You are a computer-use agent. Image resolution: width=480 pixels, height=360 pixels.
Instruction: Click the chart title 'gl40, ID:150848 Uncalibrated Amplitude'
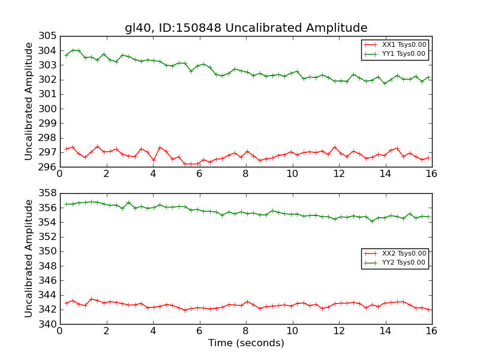tap(246, 28)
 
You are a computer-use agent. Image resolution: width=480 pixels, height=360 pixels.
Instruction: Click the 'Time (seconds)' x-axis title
tap(246, 343)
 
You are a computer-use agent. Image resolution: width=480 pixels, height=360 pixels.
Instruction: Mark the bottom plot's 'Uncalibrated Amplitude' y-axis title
tap(29, 258)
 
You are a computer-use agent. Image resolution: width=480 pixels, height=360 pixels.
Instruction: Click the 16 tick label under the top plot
tap(431, 174)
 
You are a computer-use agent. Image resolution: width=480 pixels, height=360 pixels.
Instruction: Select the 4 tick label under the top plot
tap(152, 174)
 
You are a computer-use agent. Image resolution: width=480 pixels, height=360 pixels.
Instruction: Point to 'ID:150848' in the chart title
tap(187, 28)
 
